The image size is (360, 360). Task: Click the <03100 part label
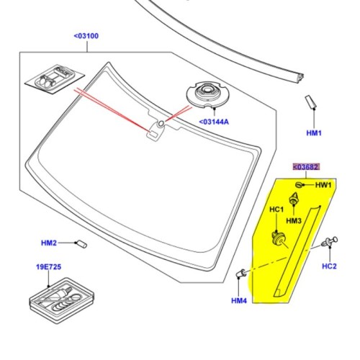click(x=87, y=35)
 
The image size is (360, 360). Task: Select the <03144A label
click(x=214, y=122)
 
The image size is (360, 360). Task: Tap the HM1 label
click(x=314, y=133)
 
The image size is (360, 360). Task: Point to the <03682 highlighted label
click(x=305, y=168)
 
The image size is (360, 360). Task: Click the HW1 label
click(x=324, y=185)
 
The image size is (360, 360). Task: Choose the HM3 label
click(x=293, y=220)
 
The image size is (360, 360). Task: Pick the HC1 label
click(x=277, y=210)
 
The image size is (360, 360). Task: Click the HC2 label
click(x=329, y=266)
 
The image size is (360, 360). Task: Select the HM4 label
click(x=239, y=300)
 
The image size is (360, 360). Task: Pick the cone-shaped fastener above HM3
click(x=294, y=200)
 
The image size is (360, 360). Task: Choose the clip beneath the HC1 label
click(x=276, y=238)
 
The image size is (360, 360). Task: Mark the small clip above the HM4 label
click(x=243, y=273)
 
